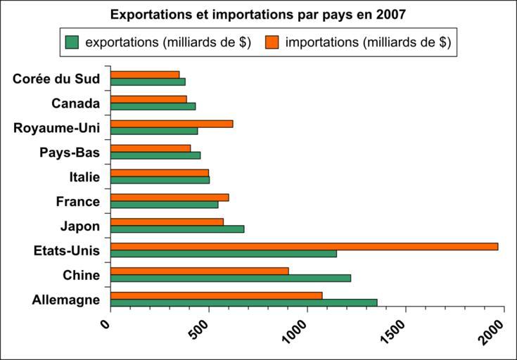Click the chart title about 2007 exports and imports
pyautogui.click(x=257, y=14)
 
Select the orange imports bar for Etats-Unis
pyautogui.click(x=304, y=246)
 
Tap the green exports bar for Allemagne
pyautogui.click(x=243, y=302)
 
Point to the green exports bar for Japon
pyautogui.click(x=177, y=229)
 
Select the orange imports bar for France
pyautogui.click(x=170, y=197)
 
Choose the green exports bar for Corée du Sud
pyautogui.click(x=148, y=82)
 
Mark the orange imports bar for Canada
pyautogui.click(x=148, y=99)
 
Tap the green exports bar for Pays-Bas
pyautogui.click(x=155, y=155)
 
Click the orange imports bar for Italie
pyautogui.click(x=160, y=172)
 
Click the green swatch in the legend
pyautogui.click(x=72, y=42)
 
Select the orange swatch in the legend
pyautogui.click(x=272, y=42)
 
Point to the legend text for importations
pyautogui.click(x=368, y=42)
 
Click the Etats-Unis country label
pyautogui.click(x=67, y=250)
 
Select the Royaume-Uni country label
pyautogui.click(x=56, y=127)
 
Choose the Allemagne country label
pyautogui.click(x=66, y=300)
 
